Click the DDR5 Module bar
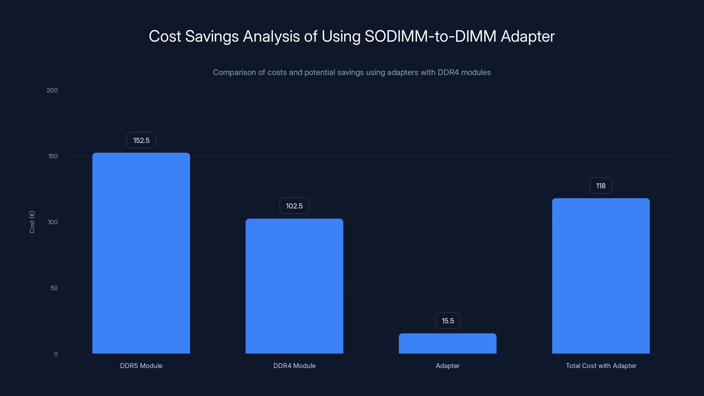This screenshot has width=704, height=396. tap(141, 253)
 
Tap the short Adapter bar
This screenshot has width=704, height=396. tap(447, 343)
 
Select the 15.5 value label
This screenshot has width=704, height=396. tap(448, 321)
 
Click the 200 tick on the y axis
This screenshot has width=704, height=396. tap(52, 90)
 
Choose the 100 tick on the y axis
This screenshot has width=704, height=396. tap(53, 222)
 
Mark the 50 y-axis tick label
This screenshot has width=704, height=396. tap(54, 288)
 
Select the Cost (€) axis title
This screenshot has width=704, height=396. tap(32, 222)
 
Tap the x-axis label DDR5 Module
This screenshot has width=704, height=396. tap(141, 366)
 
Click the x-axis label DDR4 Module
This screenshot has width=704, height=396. tap(294, 366)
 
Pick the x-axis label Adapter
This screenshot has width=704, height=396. tap(447, 366)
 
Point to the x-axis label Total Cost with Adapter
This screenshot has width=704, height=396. tap(601, 366)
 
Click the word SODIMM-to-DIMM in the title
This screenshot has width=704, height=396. tap(431, 36)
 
